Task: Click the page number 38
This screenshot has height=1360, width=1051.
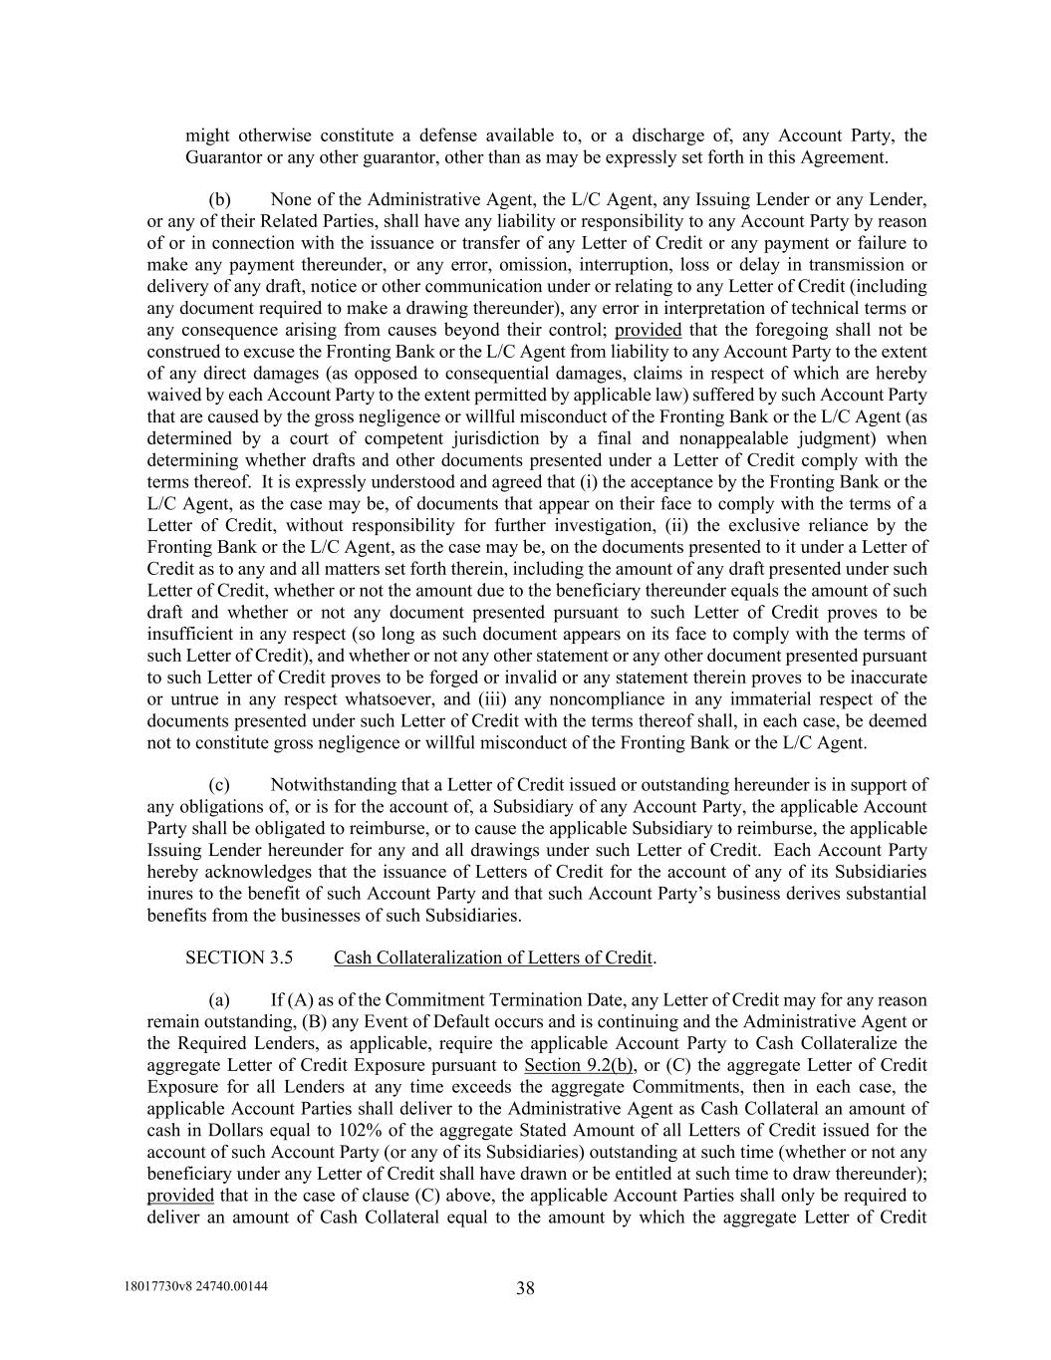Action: click(525, 1288)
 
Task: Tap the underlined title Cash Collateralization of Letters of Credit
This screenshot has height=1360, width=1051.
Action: click(492, 957)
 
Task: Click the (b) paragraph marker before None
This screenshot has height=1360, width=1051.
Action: click(219, 199)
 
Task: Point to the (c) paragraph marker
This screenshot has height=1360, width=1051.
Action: click(219, 785)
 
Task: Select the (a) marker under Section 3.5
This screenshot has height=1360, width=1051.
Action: click(219, 1000)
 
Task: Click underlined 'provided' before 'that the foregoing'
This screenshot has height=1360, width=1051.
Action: click(648, 330)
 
